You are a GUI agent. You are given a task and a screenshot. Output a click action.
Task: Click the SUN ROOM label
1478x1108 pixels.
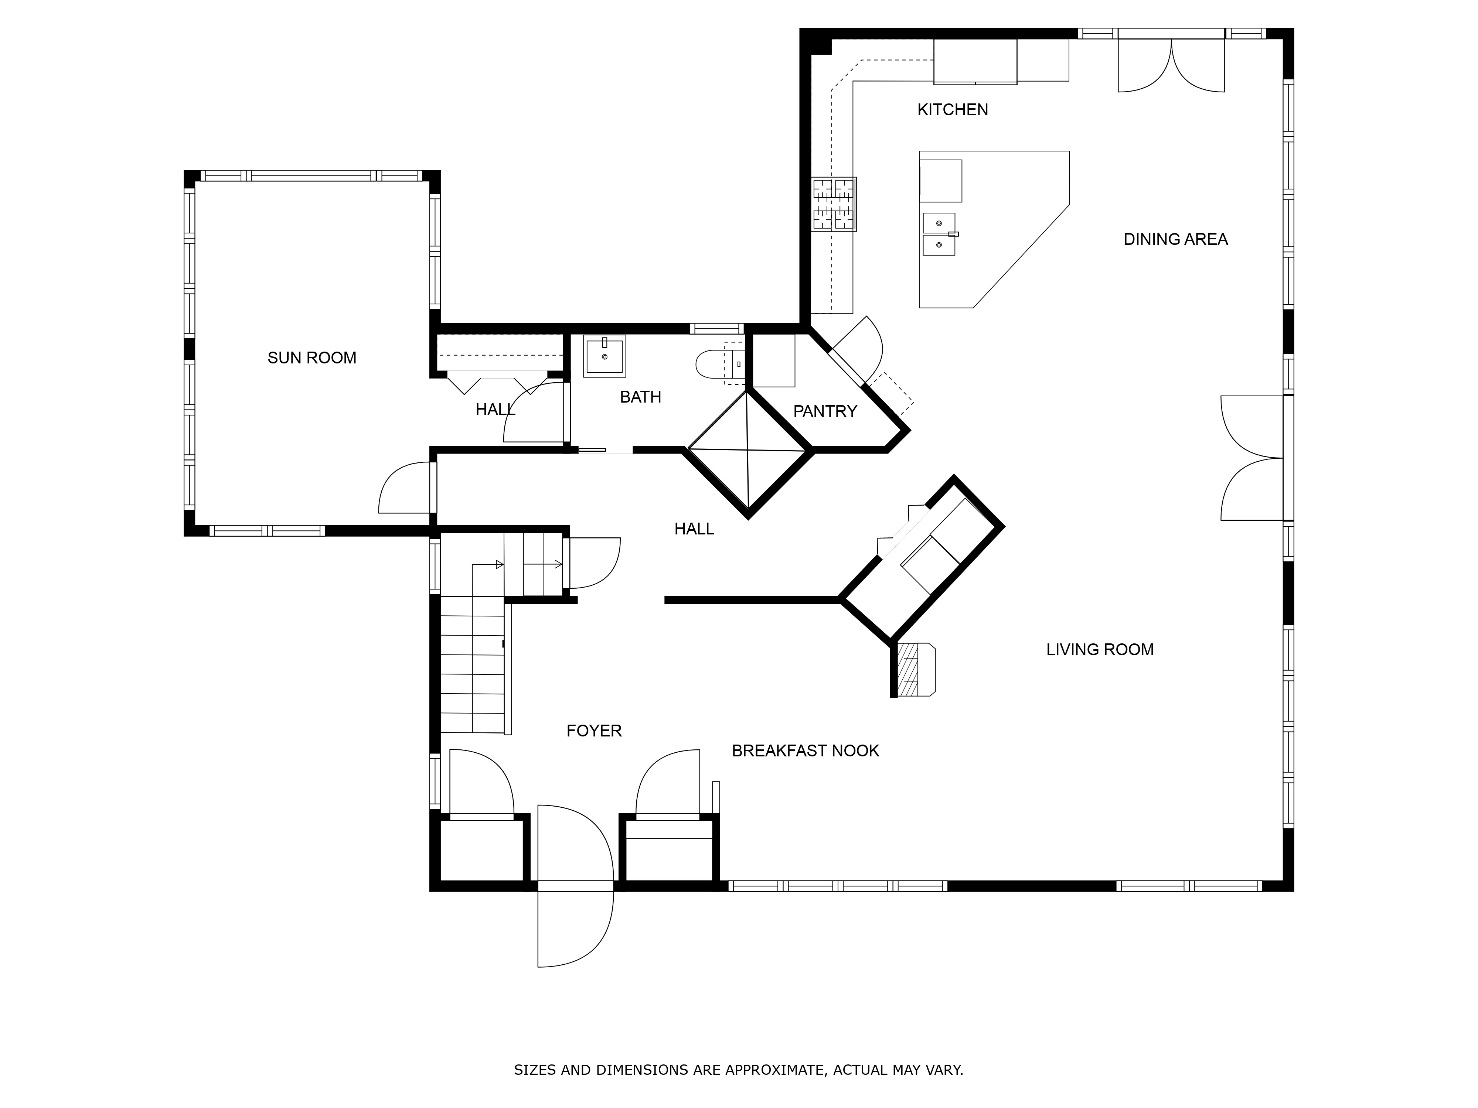click(311, 358)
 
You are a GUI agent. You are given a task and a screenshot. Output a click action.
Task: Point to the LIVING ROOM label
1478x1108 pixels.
click(1100, 649)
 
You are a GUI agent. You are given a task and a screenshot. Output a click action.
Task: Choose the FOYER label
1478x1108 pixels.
click(594, 731)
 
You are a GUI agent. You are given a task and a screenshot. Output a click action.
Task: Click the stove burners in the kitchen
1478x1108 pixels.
click(834, 204)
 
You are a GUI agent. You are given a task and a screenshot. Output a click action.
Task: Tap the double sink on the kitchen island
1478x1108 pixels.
click(939, 235)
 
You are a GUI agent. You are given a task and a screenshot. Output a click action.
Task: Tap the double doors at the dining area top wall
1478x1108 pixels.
click(1171, 65)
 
